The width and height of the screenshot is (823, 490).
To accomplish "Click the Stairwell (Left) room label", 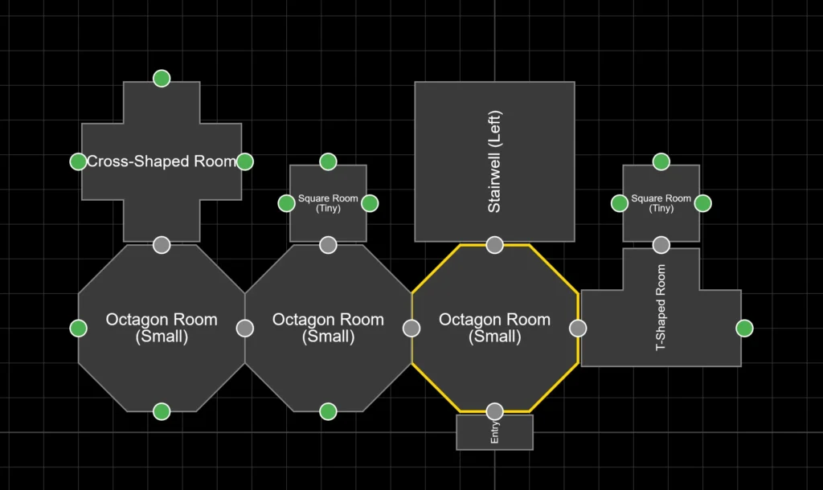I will [494, 161].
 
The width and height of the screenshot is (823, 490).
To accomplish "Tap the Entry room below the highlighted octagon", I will [494, 435].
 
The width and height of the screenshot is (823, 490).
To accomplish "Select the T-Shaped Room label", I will [661, 308].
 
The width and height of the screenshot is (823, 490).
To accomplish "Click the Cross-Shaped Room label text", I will [162, 161].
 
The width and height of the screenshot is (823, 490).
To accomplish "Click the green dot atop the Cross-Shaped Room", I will [162, 78].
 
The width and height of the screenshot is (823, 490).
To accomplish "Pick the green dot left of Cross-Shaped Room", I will [78, 161].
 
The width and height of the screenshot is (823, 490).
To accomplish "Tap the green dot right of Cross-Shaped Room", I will [245, 161].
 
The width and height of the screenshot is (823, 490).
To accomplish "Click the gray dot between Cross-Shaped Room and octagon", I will [162, 245].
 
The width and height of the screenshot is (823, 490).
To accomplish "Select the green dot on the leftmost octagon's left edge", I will [78, 328].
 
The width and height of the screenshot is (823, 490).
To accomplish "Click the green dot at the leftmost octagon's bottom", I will [162, 411].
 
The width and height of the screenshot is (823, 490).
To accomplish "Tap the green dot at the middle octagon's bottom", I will [328, 411].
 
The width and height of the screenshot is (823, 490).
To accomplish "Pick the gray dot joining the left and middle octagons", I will [245, 328].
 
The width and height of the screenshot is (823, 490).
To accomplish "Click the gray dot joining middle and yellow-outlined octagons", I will [411, 328].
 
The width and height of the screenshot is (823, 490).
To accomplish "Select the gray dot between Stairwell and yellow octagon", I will [494, 245].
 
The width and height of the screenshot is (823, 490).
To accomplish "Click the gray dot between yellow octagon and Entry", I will [494, 411].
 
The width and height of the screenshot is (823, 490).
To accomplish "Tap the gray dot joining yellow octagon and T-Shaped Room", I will [578, 328].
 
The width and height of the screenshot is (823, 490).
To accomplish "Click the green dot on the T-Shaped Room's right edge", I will [744, 328].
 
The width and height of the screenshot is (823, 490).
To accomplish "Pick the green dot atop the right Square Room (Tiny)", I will [661, 161].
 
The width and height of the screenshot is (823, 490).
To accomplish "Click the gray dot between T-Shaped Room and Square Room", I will [661, 245].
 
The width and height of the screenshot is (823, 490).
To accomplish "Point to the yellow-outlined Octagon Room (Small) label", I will [494, 328].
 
